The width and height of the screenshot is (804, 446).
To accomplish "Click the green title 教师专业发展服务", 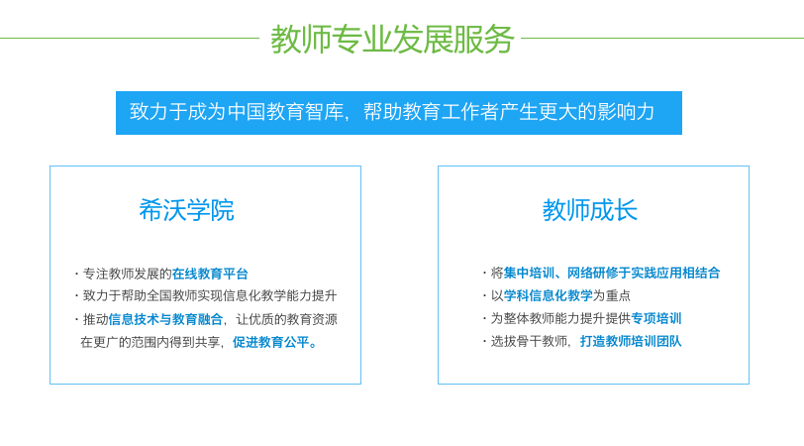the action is [392, 39].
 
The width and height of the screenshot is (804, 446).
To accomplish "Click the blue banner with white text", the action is [399, 113].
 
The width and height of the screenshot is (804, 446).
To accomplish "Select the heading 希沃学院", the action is [186, 210].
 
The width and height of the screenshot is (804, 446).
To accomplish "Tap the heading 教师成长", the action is [590, 210].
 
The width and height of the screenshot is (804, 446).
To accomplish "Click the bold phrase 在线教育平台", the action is [210, 274].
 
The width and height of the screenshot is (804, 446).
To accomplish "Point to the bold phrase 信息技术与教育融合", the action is [165, 319].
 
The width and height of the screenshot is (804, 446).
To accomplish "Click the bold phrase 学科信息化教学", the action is [549, 295].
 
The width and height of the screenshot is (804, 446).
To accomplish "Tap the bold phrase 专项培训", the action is [656, 318].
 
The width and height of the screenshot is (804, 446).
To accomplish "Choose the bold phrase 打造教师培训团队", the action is [631, 341].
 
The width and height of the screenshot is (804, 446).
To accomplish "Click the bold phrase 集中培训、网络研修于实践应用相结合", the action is [612, 273].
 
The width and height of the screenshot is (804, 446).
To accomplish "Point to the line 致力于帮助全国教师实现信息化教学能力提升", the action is [210, 295].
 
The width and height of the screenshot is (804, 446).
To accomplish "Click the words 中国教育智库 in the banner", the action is [285, 112].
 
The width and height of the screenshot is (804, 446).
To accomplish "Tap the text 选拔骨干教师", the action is [529, 341].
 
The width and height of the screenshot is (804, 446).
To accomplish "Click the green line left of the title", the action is [130, 38].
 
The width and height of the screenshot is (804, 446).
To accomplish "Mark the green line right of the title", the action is [662, 38].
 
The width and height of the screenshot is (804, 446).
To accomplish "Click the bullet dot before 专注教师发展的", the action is [76, 274].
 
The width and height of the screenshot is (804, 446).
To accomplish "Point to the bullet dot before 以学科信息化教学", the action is [484, 295].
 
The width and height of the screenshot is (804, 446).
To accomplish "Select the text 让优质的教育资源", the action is [286, 319].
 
